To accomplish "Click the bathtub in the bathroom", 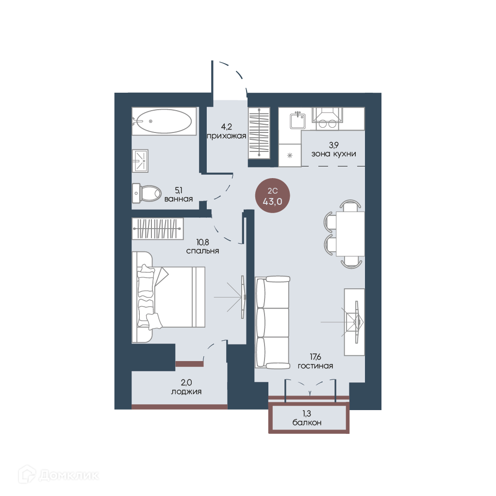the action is pyautogui.click(x=164, y=121).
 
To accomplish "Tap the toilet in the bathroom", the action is pyautogui.click(x=147, y=193).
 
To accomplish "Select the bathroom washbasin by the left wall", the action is pyautogui.click(x=140, y=161).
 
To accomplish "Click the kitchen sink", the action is pyautogui.click(x=298, y=120).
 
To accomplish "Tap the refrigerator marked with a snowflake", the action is pyautogui.click(x=289, y=155).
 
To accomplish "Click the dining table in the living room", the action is pyautogui.click(x=350, y=234).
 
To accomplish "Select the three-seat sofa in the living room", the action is pyautogui.click(x=272, y=322).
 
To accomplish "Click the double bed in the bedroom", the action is pyautogui.click(x=168, y=297).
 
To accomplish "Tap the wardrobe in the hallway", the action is pyautogui.click(x=259, y=133).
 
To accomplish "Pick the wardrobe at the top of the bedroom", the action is pyautogui.click(x=158, y=229).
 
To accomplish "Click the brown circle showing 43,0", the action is pyautogui.click(x=273, y=196).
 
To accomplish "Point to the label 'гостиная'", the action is pyautogui.click(x=315, y=366).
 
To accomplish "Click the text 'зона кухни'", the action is pyautogui.click(x=334, y=154).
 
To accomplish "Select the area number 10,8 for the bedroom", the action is pyautogui.click(x=202, y=242).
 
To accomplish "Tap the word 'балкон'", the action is pyautogui.click(x=307, y=423).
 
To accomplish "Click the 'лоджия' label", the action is pyautogui.click(x=186, y=392).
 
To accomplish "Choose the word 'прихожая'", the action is pyautogui.click(x=227, y=136).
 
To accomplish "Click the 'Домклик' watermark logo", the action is pyautogui.click(x=59, y=475).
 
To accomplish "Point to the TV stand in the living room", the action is pyautogui.click(x=354, y=322).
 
